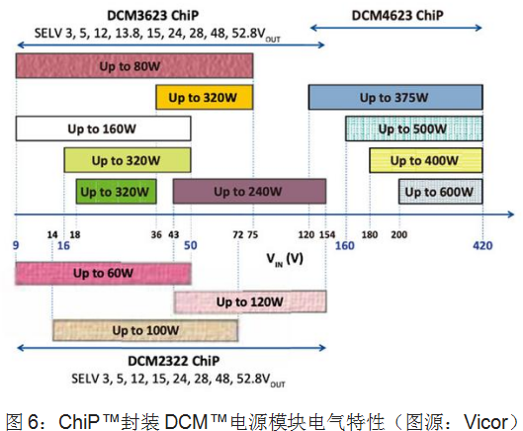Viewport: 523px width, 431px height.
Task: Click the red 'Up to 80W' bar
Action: point(134,65)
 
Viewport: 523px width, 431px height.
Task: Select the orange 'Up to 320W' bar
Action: point(205,97)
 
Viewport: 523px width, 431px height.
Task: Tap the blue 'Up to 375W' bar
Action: point(395,97)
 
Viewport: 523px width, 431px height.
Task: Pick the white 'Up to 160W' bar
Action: point(104,129)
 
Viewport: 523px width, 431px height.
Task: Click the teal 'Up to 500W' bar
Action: point(414,129)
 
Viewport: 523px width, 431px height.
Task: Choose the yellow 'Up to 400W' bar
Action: point(426,160)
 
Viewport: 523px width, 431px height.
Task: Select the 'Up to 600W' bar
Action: point(441,192)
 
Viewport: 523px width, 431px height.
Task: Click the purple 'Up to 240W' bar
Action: point(249,191)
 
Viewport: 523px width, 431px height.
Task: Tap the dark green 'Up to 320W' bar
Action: point(116,192)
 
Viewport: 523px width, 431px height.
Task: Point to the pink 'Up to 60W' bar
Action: point(104,273)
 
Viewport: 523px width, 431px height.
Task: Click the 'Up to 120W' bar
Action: point(250,302)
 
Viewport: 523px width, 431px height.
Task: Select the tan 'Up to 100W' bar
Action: point(145,330)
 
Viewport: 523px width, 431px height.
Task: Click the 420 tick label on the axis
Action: point(482,246)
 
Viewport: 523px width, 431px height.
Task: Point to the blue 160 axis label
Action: point(345,246)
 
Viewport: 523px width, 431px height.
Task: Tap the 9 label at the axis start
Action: point(16,245)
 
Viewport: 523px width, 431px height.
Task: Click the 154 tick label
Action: point(327,235)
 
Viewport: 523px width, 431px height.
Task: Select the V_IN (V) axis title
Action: point(285,259)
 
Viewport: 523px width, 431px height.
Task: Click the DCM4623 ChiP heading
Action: point(397,16)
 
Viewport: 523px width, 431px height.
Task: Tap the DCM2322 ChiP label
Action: point(174,361)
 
